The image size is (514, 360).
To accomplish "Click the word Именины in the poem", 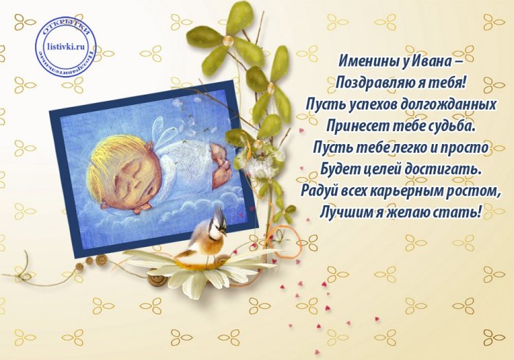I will pos(367,60).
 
